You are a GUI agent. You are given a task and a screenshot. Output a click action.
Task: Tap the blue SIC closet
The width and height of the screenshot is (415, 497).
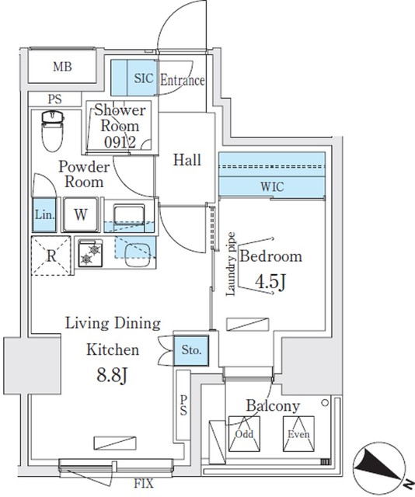[x=133, y=78]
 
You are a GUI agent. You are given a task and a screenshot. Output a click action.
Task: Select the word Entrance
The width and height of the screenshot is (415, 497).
[x=183, y=80]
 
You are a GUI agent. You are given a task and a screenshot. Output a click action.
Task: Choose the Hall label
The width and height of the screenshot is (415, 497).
[x=187, y=161]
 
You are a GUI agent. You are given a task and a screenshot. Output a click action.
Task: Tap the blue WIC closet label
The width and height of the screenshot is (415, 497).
[x=271, y=187]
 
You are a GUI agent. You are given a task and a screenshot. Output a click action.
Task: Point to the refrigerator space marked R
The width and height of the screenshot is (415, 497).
[x=50, y=254]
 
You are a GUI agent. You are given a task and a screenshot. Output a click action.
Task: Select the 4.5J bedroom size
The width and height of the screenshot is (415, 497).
[x=270, y=282]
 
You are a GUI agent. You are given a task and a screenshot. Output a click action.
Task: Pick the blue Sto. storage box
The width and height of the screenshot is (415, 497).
[x=190, y=351]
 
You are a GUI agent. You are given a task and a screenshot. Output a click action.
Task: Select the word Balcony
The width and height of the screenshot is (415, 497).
[x=273, y=405]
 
